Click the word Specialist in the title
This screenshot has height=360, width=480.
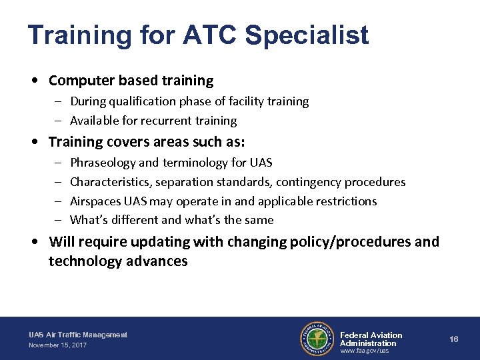(307, 35)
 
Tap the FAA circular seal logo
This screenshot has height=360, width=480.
(317, 339)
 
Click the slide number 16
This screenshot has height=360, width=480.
(454, 339)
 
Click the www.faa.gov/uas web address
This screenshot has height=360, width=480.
(365, 351)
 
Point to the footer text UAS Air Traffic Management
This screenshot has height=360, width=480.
(78, 335)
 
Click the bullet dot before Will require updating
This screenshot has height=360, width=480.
(39, 241)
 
